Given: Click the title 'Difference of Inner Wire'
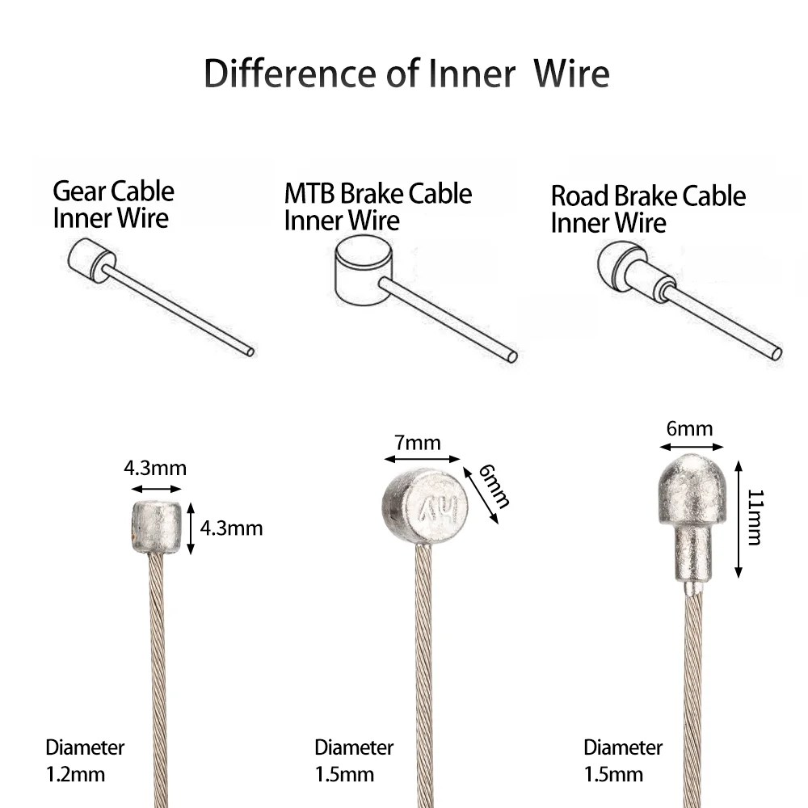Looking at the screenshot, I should click(406, 73).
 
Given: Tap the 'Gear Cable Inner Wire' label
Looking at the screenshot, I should click(113, 204).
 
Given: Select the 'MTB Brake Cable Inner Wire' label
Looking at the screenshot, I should click(377, 207).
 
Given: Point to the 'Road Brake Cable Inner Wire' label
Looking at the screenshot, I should click(648, 209).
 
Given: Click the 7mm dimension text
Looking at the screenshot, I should click(418, 443).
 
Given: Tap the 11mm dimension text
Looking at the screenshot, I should click(755, 517).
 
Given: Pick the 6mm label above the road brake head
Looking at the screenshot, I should click(689, 428).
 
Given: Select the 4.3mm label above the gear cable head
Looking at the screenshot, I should click(154, 468).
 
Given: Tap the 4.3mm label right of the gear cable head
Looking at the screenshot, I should click(231, 528).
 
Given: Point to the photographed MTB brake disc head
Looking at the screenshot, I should click(424, 507).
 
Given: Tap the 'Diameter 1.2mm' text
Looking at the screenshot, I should click(84, 760).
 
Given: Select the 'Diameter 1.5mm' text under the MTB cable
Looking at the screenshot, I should click(353, 760).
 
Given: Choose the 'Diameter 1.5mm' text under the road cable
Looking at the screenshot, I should click(622, 760).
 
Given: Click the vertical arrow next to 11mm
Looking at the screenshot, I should click(739, 518).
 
